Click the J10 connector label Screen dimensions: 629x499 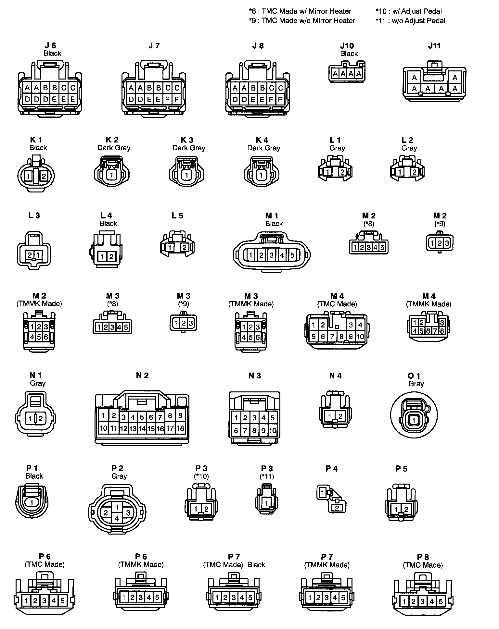click(x=347, y=46)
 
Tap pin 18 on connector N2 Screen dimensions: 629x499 click(x=180, y=428)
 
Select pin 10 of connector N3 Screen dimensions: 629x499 click(x=273, y=431)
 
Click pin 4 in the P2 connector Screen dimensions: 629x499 click(x=117, y=518)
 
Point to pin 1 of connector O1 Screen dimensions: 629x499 click(x=413, y=421)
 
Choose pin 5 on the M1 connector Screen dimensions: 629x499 click(x=292, y=255)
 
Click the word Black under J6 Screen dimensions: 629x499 click(x=52, y=53)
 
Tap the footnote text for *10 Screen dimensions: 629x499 click(x=409, y=11)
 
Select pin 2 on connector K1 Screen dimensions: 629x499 click(x=44, y=177)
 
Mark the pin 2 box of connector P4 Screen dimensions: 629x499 click(x=337, y=508)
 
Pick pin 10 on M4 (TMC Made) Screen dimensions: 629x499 click(x=360, y=337)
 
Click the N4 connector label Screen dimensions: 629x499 click(x=335, y=376)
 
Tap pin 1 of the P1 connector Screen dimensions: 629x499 click(x=32, y=503)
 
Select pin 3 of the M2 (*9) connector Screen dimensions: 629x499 click(x=447, y=243)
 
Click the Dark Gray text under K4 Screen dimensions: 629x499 click(x=263, y=148)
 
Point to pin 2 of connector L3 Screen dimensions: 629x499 click(x=30, y=255)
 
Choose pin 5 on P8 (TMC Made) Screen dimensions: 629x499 click(x=441, y=601)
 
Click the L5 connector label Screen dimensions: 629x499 click(x=178, y=216)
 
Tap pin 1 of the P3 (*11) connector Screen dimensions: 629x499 click(x=266, y=503)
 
